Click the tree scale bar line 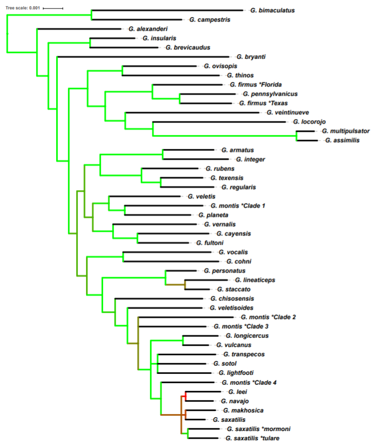point(53,8)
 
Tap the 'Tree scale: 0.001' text point(22,8)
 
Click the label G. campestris point(209,20)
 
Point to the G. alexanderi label point(149,29)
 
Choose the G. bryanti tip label point(254,57)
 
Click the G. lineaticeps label point(255,280)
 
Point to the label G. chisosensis point(232,298)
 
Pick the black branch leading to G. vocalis point(167,252)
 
